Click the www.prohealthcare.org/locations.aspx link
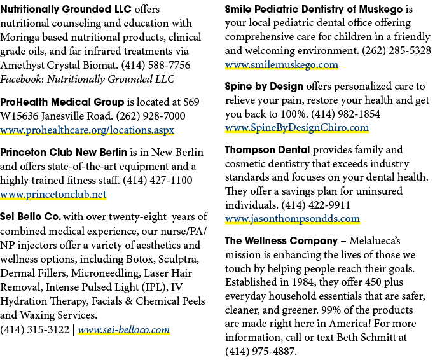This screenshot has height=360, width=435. coord(87,130)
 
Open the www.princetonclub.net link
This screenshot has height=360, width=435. coord(53,194)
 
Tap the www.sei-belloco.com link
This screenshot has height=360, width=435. coord(124,329)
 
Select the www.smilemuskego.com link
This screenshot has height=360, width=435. coord(282,65)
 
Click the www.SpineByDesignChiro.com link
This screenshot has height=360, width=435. coord(297,128)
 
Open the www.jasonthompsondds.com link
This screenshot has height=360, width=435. coord(293,219)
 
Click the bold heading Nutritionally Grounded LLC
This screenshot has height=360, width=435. coord(66,9)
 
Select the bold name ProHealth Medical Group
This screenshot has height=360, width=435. coord(62,102)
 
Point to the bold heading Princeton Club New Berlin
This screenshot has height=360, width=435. coord(64,153)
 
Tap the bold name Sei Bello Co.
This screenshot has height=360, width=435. coord(31,217)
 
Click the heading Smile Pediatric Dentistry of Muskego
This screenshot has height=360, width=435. coord(314,10)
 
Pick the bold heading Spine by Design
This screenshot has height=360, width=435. coord(264,87)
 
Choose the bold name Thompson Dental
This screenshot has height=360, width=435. coord(268,150)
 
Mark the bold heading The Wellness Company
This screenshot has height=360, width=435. coord(281,240)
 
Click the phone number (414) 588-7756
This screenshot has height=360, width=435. coord(156,66)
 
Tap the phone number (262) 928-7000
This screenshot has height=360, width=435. coord(151,116)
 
